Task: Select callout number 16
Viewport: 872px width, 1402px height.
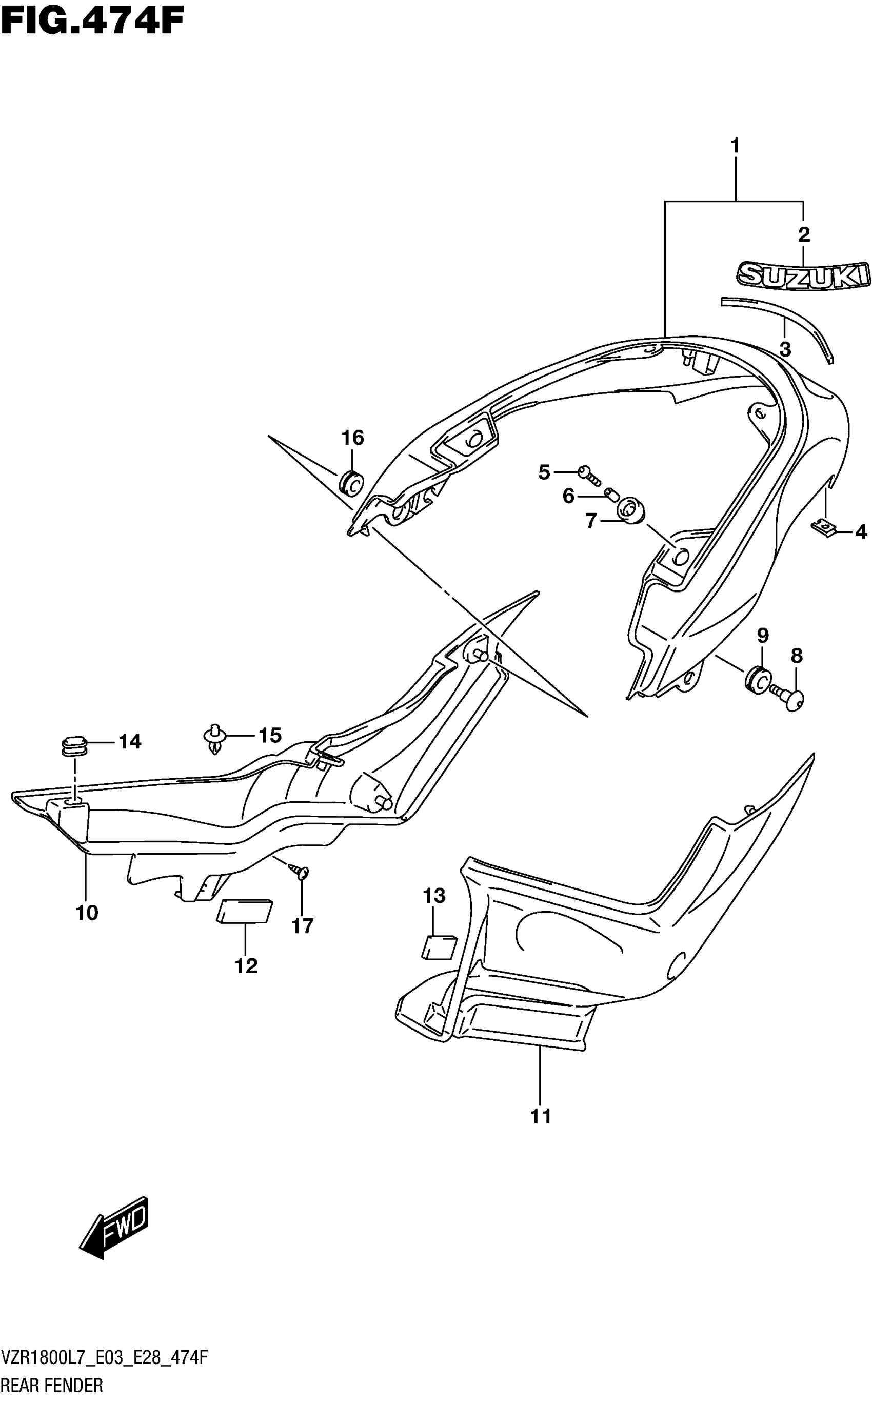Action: [x=353, y=438]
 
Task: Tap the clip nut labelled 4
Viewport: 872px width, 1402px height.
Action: [x=824, y=527]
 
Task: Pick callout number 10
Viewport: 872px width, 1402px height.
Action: [x=87, y=913]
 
